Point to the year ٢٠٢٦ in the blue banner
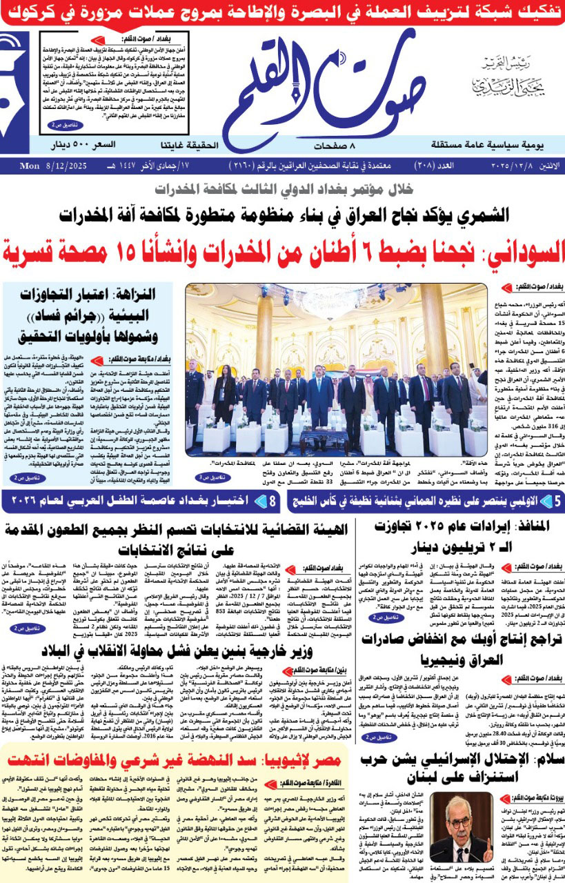coord(27,501)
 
